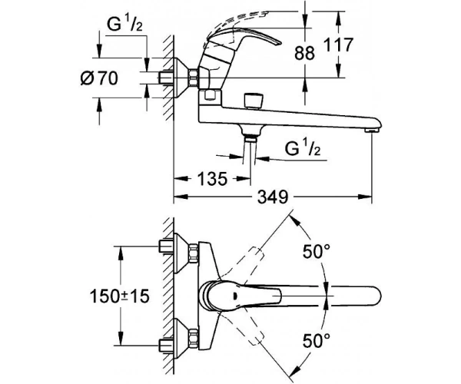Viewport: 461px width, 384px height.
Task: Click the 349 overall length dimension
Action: [273, 197]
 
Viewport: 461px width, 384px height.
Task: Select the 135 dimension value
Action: [212, 179]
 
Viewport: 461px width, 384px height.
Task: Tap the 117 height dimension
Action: [337, 45]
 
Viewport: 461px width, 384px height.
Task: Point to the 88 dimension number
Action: [304, 53]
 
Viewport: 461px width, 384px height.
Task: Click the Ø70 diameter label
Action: [99, 78]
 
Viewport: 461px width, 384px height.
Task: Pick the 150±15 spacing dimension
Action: [120, 296]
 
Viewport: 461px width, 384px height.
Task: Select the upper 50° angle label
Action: [317, 252]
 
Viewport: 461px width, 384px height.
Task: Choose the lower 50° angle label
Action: [317, 341]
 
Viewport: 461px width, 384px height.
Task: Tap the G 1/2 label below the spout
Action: [303, 148]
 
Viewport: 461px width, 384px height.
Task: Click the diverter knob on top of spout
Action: [254, 101]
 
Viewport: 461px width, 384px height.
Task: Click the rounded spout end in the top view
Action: [377, 296]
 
